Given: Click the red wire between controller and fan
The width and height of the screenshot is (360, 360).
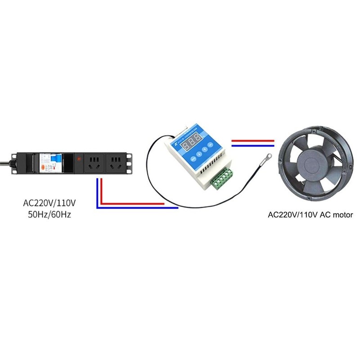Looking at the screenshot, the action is point(252,140).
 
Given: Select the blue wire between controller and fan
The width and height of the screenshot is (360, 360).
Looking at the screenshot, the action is point(252,146).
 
